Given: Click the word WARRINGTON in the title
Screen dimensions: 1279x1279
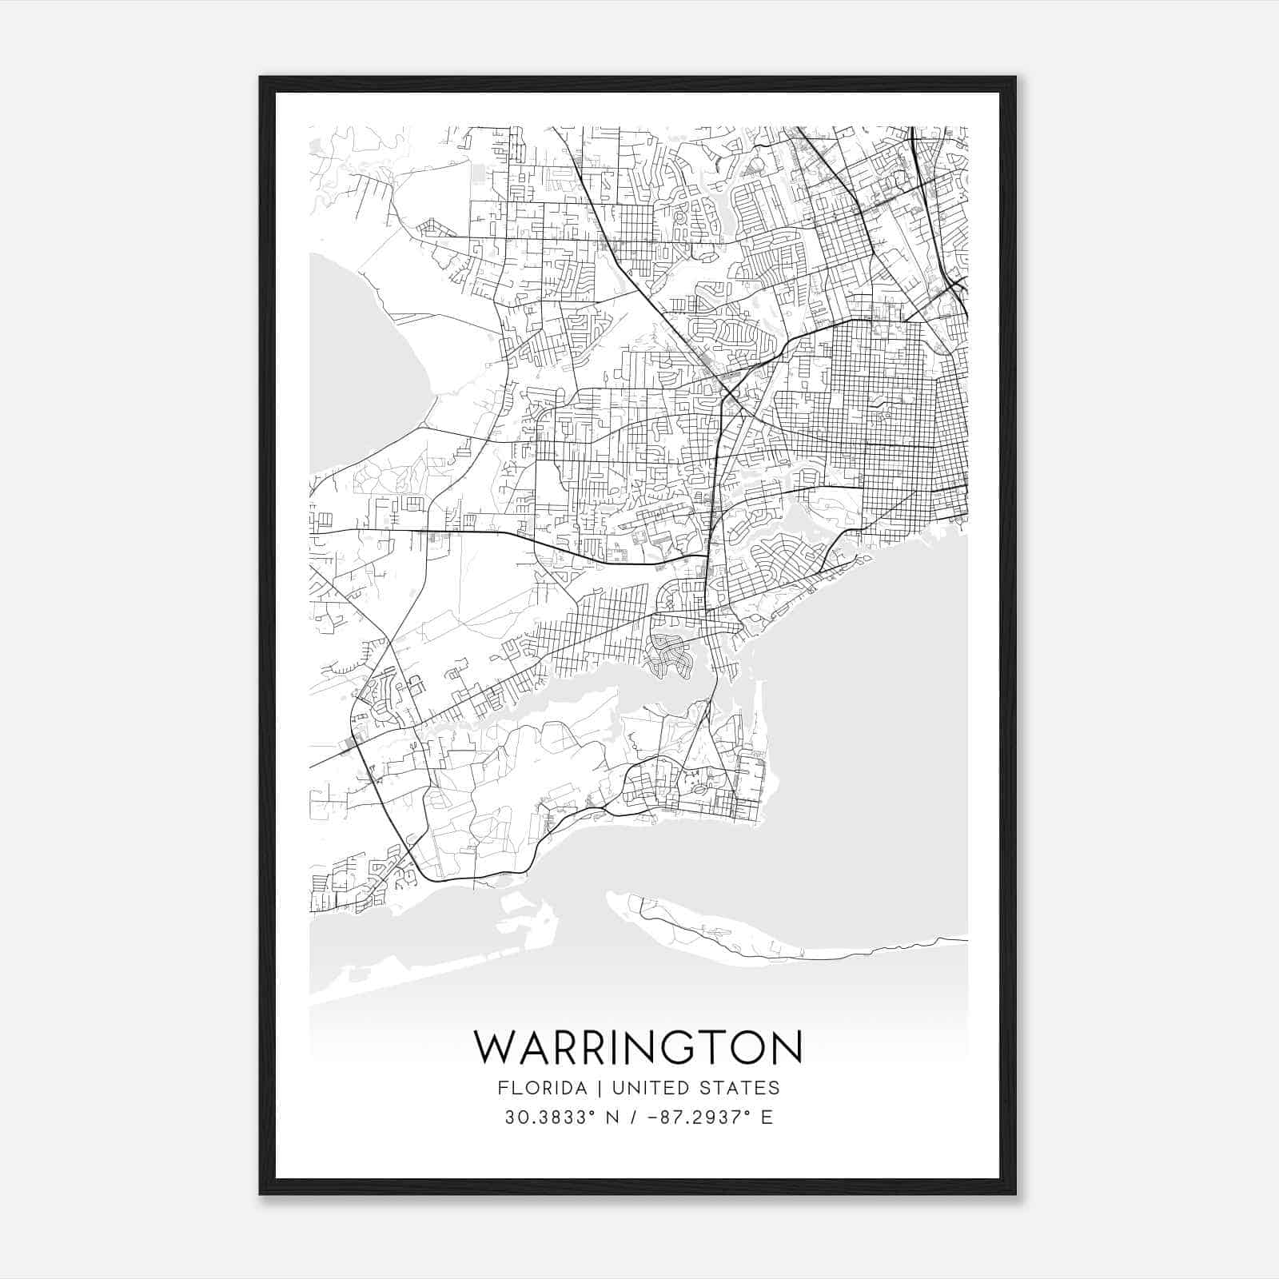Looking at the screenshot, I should tap(638, 1047).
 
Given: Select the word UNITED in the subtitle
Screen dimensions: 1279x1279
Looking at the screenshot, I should tap(647, 1088).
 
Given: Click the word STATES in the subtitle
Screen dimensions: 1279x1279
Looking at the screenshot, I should tap(739, 1088).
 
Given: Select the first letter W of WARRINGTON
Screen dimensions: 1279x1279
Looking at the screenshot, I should tap(493, 1047).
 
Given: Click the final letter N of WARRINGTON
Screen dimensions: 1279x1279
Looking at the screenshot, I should tap(787, 1047).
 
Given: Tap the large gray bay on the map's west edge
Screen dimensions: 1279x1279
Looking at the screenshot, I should tap(352, 360).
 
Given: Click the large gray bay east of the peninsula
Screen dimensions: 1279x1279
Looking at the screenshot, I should tap(863, 719).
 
